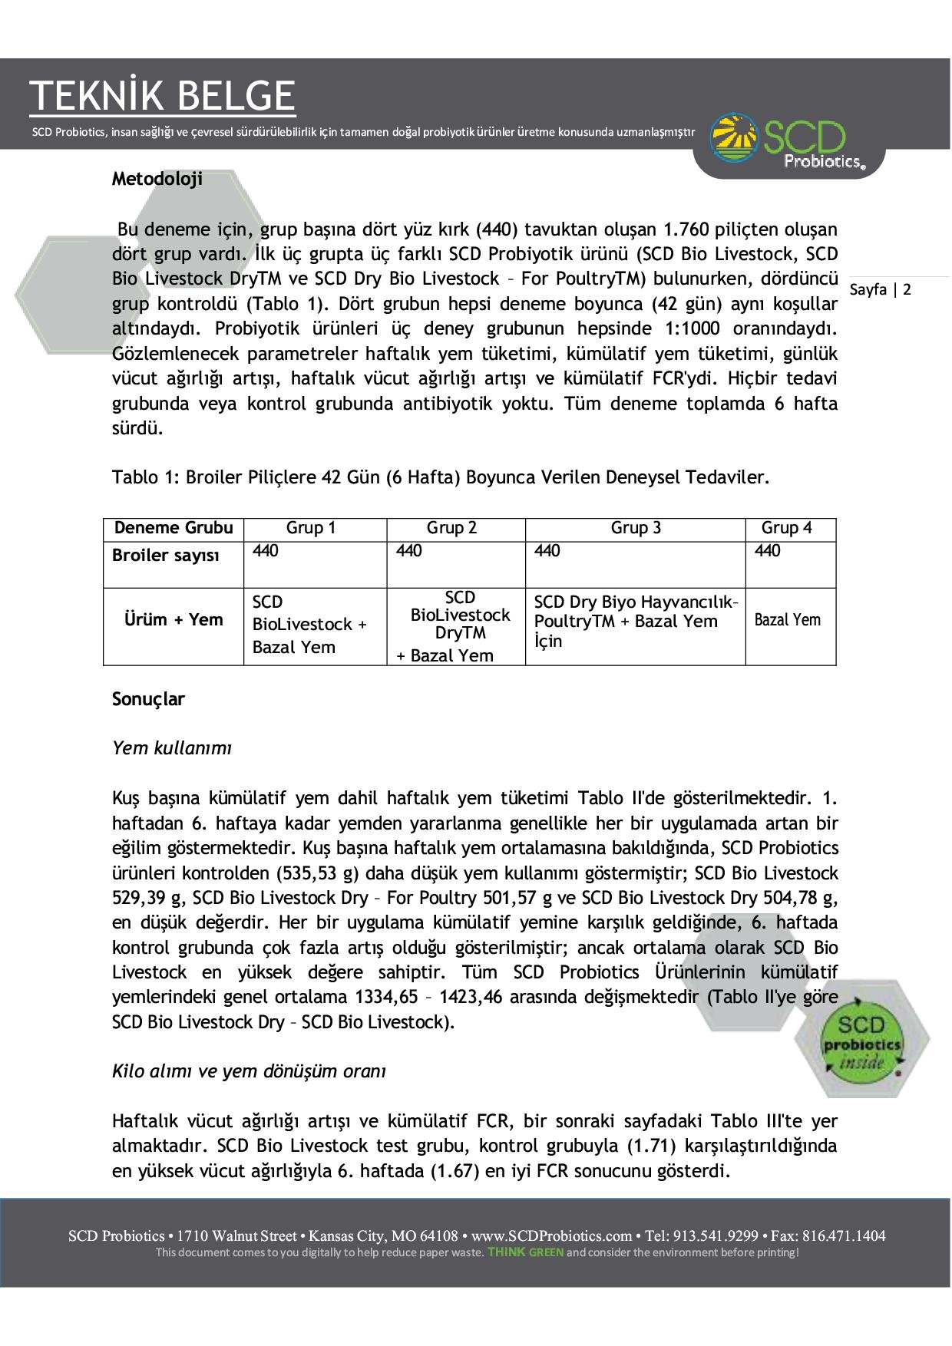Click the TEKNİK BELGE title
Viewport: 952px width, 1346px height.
162,96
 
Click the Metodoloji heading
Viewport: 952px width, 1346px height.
157,179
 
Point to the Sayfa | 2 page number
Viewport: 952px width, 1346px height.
881,289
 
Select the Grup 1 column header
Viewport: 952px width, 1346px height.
311,528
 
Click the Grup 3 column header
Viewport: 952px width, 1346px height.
636,528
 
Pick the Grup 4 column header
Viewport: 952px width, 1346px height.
786,528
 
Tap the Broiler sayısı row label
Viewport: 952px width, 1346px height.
166,556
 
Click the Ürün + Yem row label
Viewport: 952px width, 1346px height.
174,619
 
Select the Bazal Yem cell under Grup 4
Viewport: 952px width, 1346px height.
788,620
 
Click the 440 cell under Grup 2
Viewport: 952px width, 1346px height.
409,551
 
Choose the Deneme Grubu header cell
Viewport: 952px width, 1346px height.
174,528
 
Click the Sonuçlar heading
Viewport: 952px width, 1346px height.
148,699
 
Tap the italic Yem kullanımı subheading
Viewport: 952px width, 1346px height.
172,747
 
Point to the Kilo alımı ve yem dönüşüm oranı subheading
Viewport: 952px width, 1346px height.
249,1071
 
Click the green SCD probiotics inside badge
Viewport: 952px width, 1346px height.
861,1044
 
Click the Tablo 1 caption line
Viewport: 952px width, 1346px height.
441,477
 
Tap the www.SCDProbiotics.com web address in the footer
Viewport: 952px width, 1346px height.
550,1236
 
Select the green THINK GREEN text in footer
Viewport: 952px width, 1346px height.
526,1252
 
